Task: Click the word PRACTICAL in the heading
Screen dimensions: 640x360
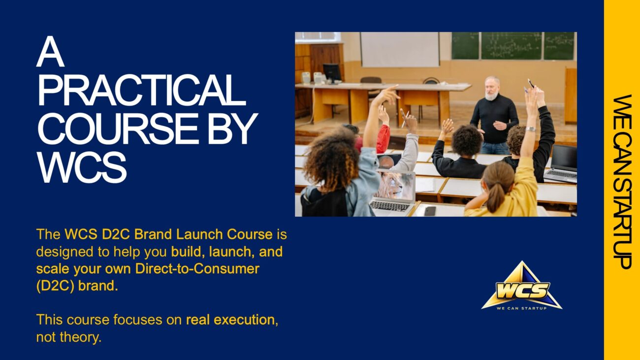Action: tap(141, 90)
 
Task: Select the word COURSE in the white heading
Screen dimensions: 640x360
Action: tap(118, 129)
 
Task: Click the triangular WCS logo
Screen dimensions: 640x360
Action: tap(522, 286)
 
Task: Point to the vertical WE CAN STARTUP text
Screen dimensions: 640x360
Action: tap(622, 182)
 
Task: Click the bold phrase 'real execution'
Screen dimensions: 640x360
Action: tap(230, 320)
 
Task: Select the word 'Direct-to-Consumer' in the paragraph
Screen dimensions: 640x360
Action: tap(197, 268)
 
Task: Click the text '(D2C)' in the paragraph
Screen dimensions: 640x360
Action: tap(55, 286)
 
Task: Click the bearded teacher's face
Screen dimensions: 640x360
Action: tap(492, 88)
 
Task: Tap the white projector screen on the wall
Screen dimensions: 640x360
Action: tap(400, 49)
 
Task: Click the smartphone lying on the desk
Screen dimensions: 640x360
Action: tap(430, 211)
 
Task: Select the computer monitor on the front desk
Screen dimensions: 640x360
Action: tap(332, 72)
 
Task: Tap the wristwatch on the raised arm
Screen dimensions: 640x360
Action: tap(530, 129)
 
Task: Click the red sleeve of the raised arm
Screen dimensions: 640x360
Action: tap(384, 139)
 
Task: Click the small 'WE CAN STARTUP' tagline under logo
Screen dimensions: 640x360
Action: tap(522, 308)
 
